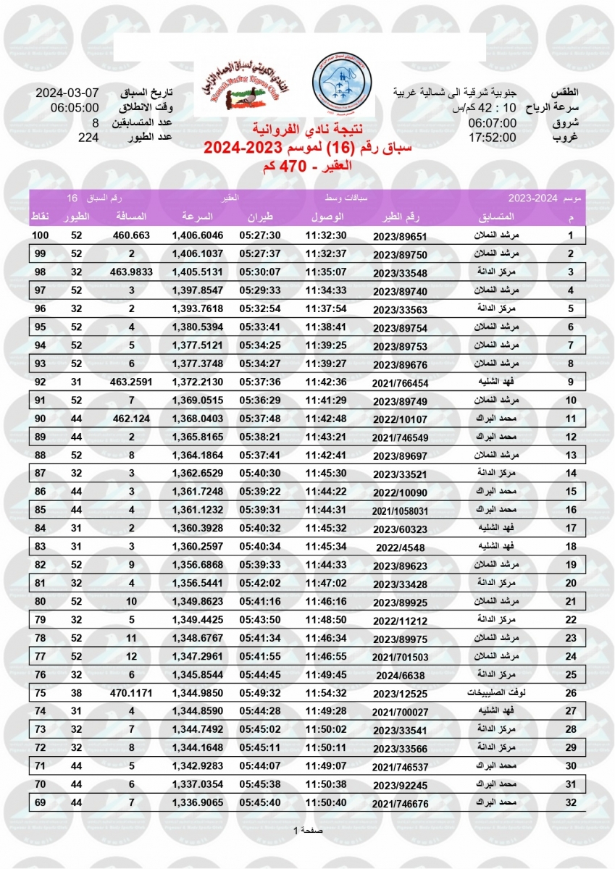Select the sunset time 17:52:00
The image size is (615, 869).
(492, 138)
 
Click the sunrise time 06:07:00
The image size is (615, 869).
(492, 123)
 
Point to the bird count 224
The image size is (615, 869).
(88, 138)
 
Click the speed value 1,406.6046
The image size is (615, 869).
(197, 236)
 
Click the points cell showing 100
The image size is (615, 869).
(40, 236)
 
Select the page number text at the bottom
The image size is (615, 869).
(307, 830)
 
